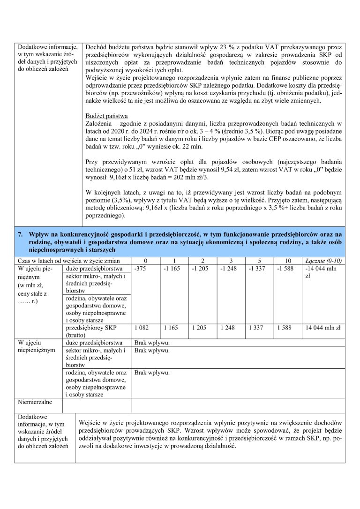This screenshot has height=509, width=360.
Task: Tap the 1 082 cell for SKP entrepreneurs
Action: tap(141, 328)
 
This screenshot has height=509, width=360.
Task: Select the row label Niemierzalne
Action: tap(35, 402)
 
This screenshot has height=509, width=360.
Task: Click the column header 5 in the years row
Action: tap(259, 261)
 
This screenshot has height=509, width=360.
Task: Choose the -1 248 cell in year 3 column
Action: tap(228, 269)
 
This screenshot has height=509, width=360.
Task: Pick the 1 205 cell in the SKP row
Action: tap(199, 328)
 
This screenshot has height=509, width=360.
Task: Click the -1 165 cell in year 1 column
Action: tap(171, 269)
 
